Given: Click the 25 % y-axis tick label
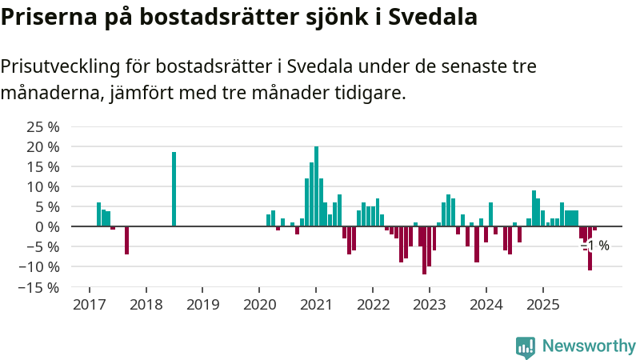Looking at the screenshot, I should [x=43, y=127].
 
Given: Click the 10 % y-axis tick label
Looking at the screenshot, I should [x=43, y=187].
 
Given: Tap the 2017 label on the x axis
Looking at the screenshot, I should [x=89, y=305].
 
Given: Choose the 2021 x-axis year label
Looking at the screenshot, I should [x=316, y=305].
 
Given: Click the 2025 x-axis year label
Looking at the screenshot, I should [x=542, y=305].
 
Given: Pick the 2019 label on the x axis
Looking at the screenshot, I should [x=202, y=305].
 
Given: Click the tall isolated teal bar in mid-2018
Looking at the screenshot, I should [x=174, y=189].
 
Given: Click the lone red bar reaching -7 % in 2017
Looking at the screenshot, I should [x=126, y=240].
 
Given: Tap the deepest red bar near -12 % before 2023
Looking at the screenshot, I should [x=424, y=250].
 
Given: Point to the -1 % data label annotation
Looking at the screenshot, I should [x=597, y=246].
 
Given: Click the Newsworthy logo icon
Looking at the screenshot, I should [x=526, y=346].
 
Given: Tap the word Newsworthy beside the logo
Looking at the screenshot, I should [x=589, y=346].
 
